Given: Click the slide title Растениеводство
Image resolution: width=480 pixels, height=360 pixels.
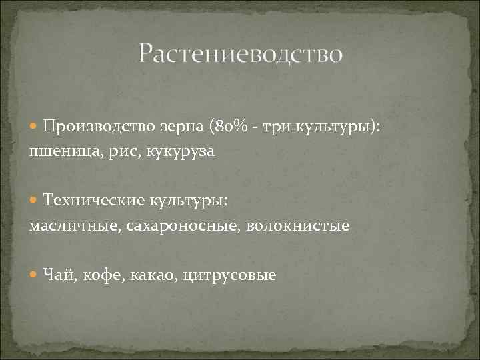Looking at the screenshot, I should point(241,54).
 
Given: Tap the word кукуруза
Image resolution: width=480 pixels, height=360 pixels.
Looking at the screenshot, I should point(177,152).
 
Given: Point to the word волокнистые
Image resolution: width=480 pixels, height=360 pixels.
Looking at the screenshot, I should point(298,226).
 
